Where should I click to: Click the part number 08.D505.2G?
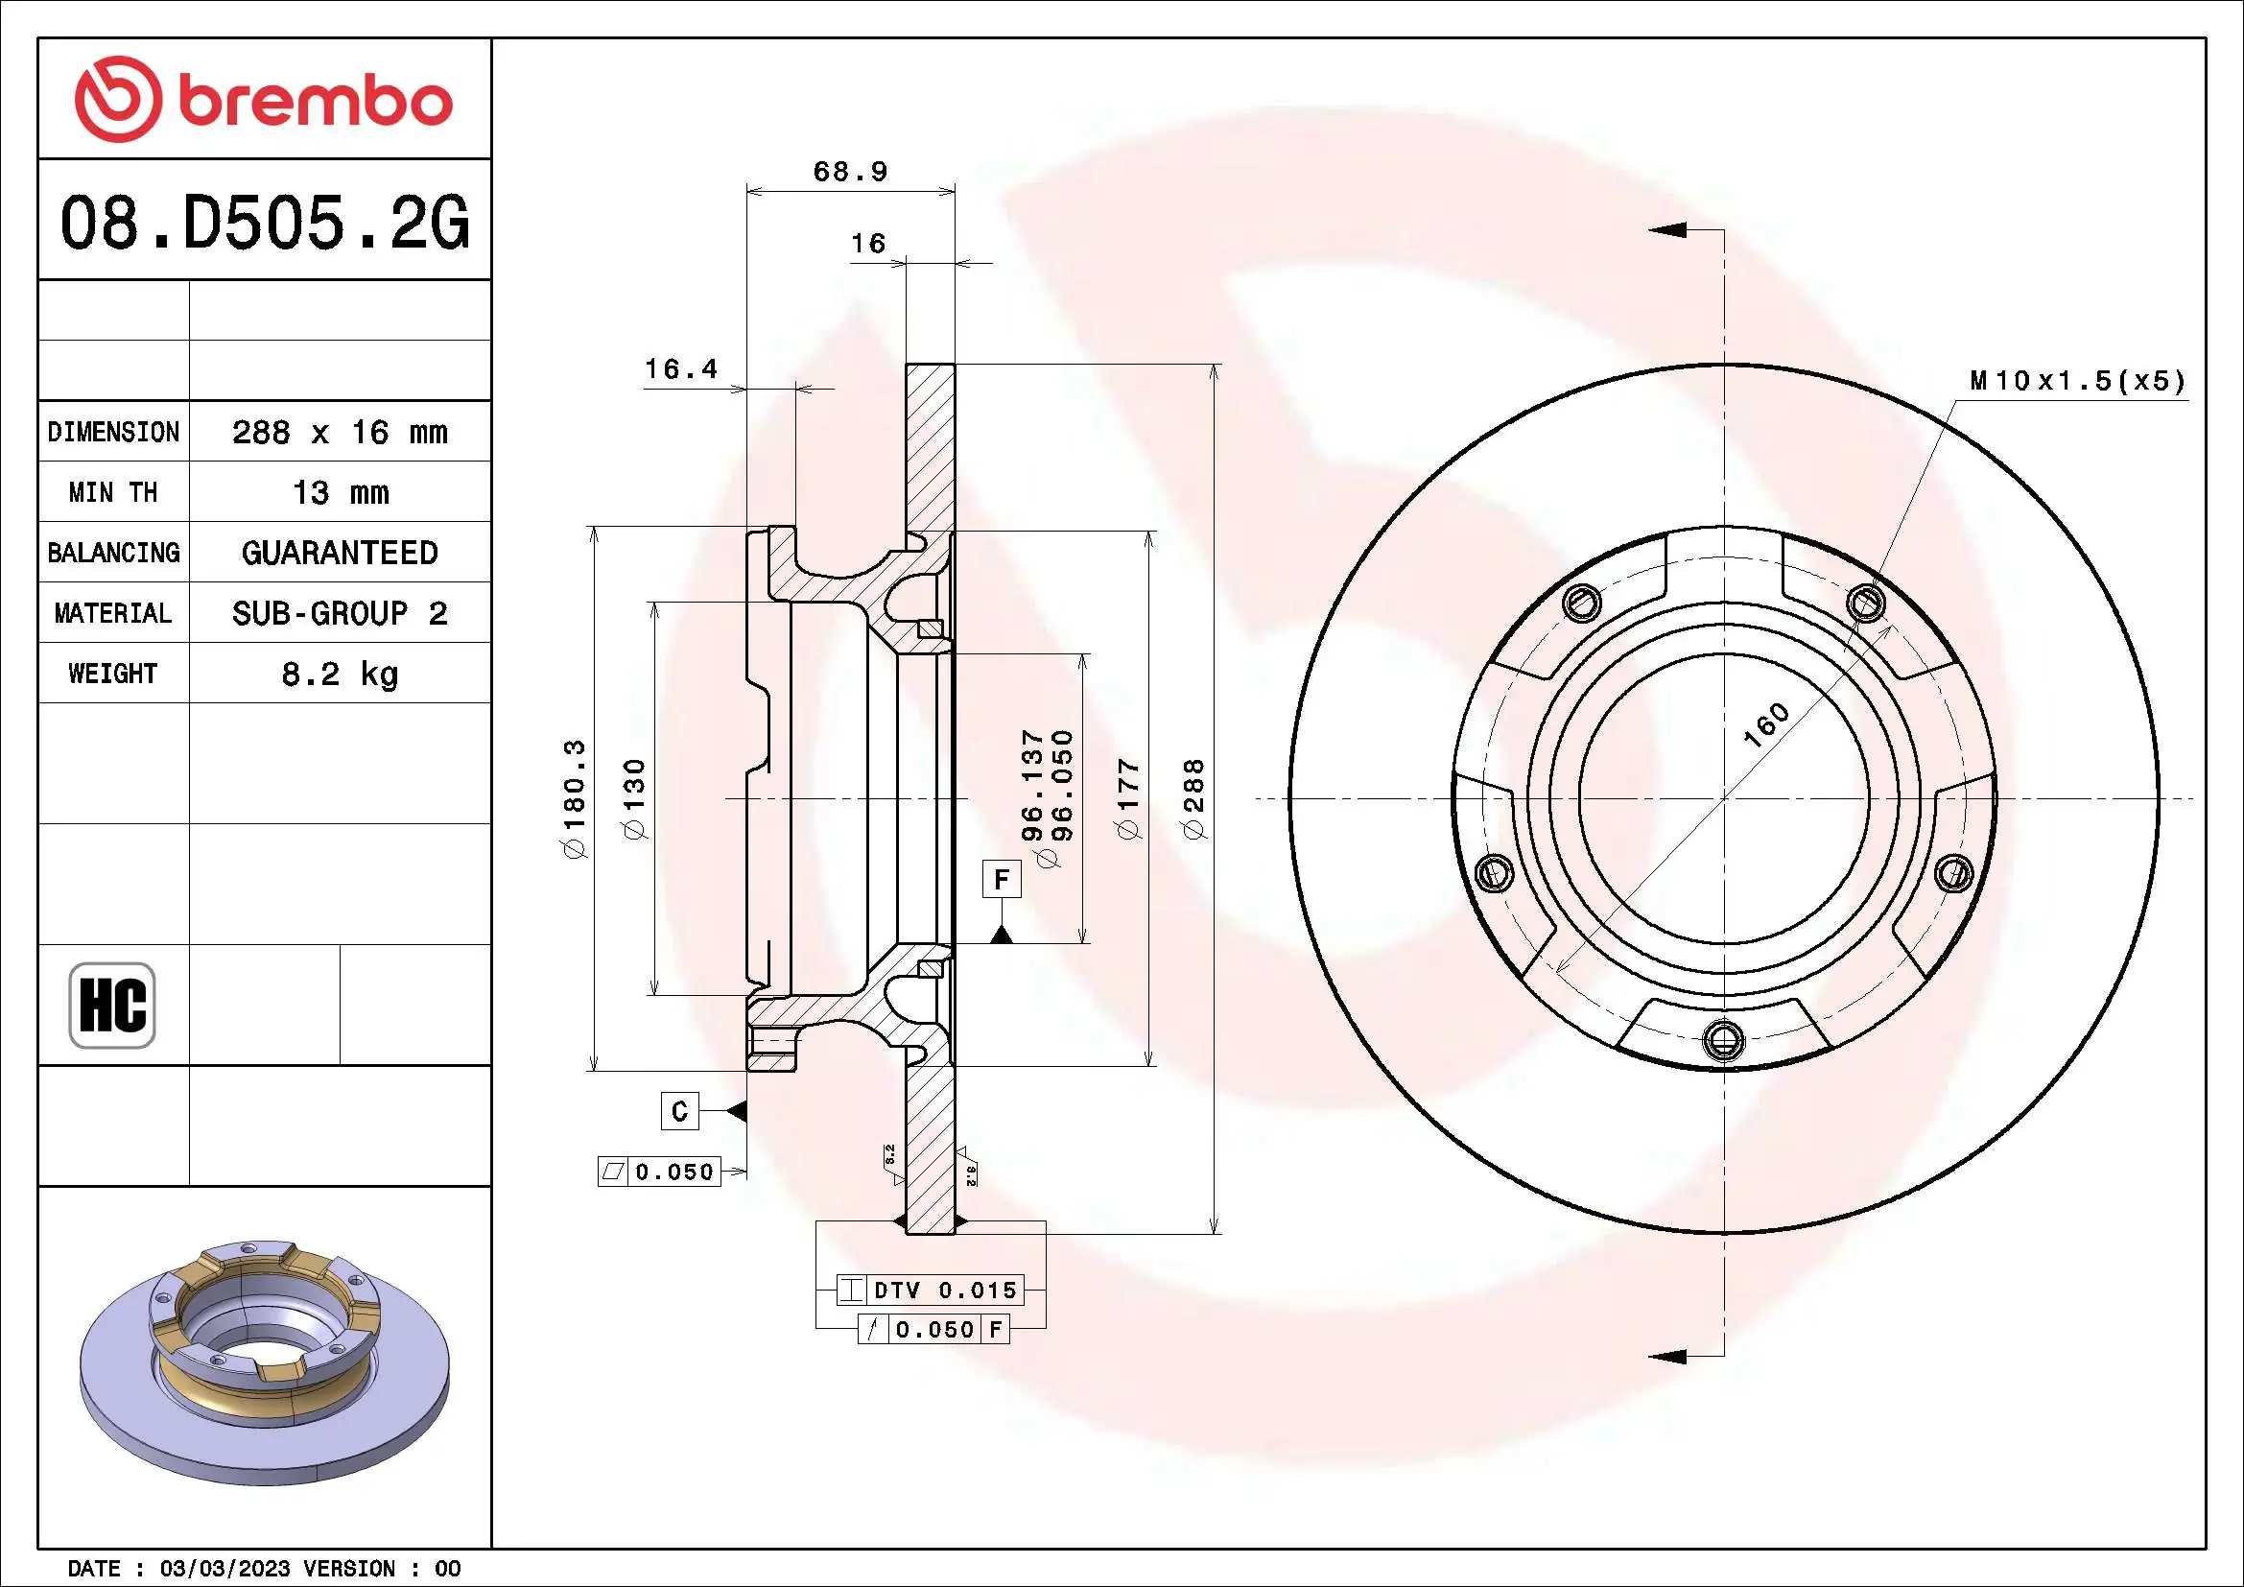(x=264, y=223)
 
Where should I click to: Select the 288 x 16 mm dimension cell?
(x=339, y=432)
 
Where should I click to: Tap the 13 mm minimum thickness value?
(x=339, y=492)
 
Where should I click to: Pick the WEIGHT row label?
(x=112, y=674)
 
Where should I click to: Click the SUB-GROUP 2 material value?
(x=339, y=613)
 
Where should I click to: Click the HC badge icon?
(x=112, y=1005)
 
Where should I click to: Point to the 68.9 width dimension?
(x=850, y=172)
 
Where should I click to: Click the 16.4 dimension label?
(x=680, y=369)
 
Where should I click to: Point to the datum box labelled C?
(x=679, y=1111)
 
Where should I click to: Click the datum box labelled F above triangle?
(x=1001, y=880)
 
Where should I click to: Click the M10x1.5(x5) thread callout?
(x=2077, y=381)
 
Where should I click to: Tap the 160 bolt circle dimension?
(x=1765, y=725)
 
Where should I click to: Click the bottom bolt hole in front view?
(x=1723, y=1039)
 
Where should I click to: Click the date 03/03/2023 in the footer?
(x=224, y=1569)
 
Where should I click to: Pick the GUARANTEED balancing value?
(x=339, y=553)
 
